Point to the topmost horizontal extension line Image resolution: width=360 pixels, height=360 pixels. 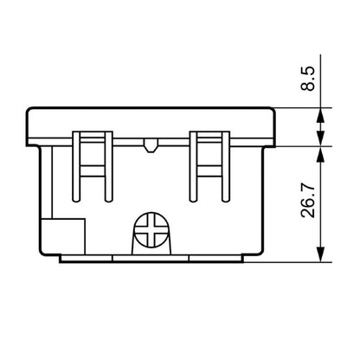tap(303, 107)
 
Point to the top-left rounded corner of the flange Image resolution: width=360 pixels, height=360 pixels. tap(30, 112)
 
